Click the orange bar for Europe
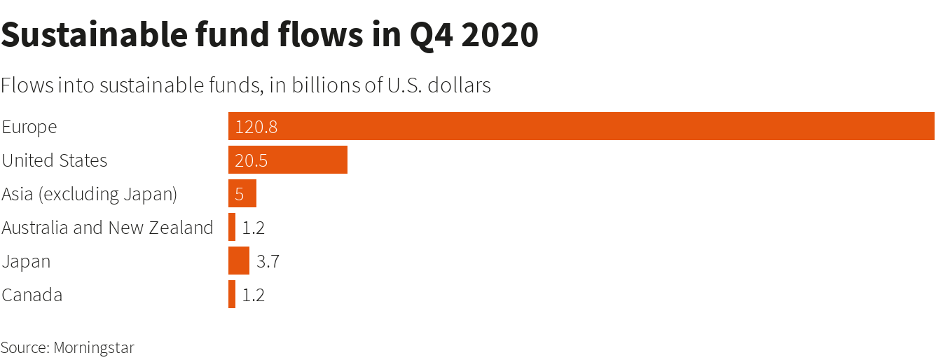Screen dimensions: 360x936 tap(581, 126)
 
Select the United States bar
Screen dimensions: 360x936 tap(288, 160)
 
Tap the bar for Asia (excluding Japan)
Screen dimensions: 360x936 tap(242, 193)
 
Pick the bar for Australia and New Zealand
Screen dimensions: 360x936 tap(232, 227)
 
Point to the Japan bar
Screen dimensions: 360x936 tap(239, 261)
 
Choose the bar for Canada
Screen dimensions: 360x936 tap(232, 294)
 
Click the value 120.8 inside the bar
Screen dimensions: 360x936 tap(256, 127)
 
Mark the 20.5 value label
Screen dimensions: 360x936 tap(252, 160)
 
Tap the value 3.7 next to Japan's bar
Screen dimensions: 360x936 tap(268, 262)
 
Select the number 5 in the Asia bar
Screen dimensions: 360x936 tap(240, 194)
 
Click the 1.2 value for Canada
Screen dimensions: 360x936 tap(253, 296)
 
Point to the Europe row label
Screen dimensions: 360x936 tap(29, 127)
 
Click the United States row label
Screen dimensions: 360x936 tap(55, 160)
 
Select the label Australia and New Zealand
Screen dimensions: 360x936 tap(107, 228)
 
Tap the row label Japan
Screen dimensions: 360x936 tap(27, 262)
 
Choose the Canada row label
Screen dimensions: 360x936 tap(32, 295)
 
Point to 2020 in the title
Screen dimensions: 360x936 tap(500, 35)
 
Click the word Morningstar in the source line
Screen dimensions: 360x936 tap(94, 347)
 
